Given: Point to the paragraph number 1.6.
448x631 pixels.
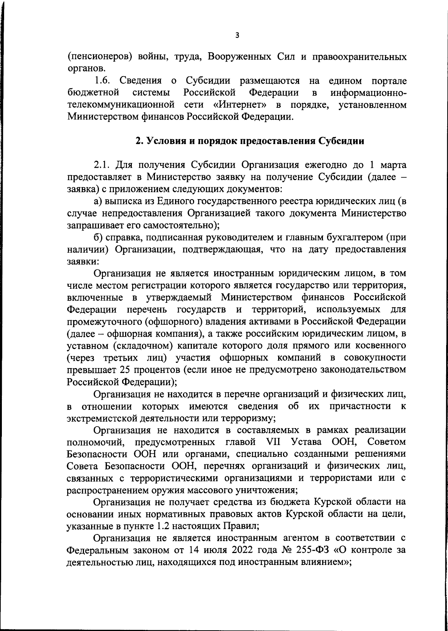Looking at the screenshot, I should point(102,81).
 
